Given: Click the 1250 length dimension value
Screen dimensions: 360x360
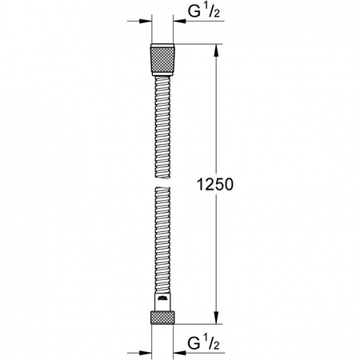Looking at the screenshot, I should [x=212, y=184].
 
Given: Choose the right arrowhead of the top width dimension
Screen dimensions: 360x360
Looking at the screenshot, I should [x=178, y=22].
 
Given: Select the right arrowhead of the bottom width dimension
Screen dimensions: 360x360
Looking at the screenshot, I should [x=178, y=350].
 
